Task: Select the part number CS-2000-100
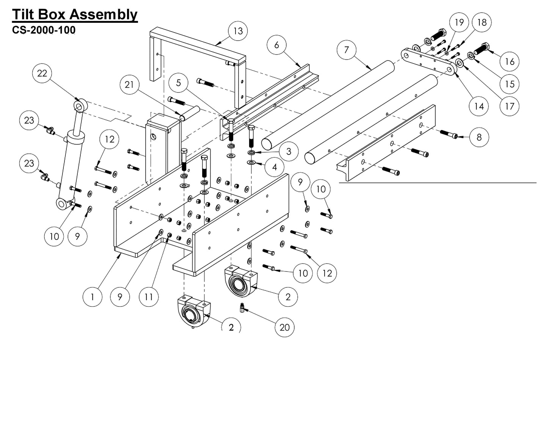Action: coord(44,30)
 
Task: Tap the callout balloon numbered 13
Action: coord(238,31)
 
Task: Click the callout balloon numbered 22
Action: coord(42,73)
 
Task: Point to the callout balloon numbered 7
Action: coord(347,50)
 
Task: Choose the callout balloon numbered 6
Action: coord(276,45)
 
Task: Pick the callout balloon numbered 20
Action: coord(284,327)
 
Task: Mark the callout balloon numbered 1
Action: coord(93,296)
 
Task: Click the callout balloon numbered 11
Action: coord(149,296)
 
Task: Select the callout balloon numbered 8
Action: coord(479,137)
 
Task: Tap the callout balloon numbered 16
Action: coord(509,61)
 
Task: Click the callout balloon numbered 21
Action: coord(129,84)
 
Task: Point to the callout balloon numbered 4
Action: coord(274,167)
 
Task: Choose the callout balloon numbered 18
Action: coord(482,22)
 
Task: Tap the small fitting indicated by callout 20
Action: coord(242,307)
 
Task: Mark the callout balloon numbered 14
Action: coord(479,106)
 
